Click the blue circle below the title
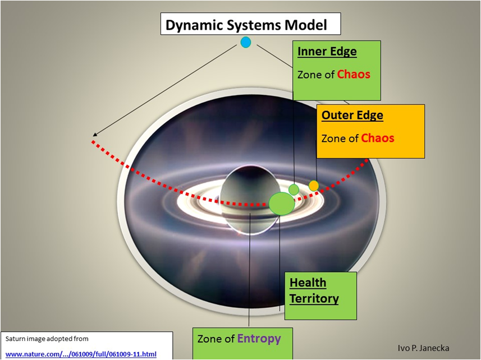click(246, 42)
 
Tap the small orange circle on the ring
click(314, 186)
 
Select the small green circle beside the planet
click(294, 190)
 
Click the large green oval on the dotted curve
click(282, 204)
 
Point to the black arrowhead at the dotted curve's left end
click(95, 134)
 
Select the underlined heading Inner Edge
click(327, 52)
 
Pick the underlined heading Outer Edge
click(352, 115)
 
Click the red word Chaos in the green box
click(354, 74)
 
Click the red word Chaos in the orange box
click(378, 138)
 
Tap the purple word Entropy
click(259, 339)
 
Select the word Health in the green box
click(308, 283)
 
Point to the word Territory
click(314, 298)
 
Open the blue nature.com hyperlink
click(81, 354)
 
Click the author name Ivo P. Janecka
click(423, 348)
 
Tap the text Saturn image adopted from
click(47, 339)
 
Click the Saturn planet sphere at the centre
click(250, 200)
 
